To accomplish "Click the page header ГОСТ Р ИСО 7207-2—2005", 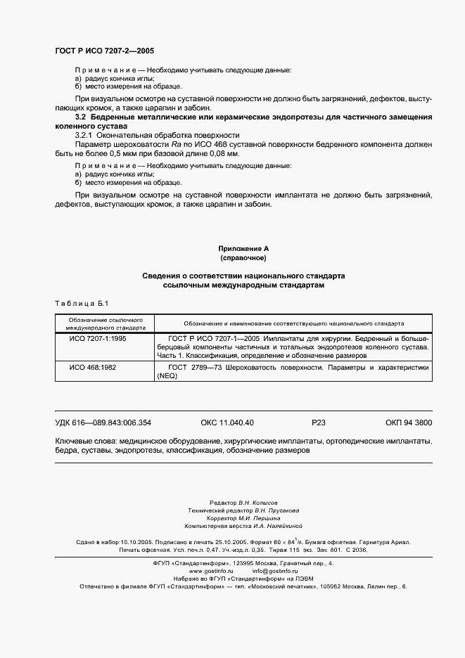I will click(x=104, y=52).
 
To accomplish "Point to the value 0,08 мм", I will click(x=224, y=153).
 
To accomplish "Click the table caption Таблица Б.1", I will click(x=80, y=303).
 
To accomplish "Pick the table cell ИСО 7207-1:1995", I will click(x=96, y=338).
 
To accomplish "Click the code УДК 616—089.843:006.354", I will click(x=103, y=423).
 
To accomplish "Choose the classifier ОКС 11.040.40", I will click(x=227, y=423).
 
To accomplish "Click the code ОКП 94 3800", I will click(x=409, y=423).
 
